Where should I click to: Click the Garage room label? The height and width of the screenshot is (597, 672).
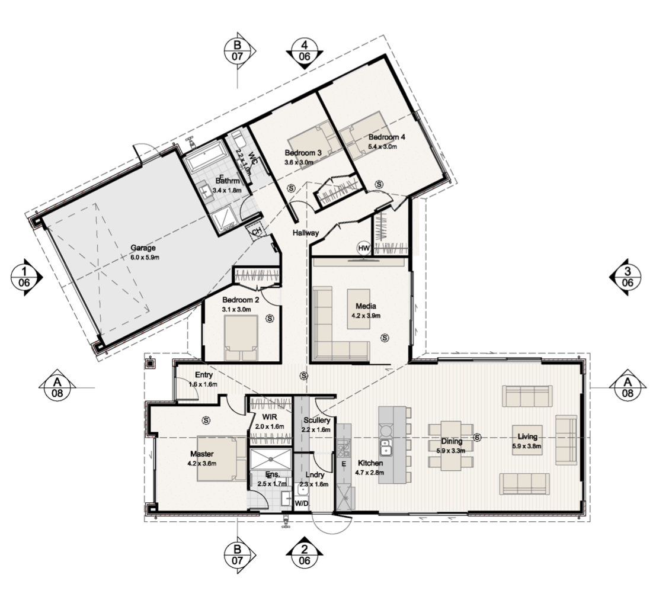tap(143, 248)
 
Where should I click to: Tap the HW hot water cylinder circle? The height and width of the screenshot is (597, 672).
tap(364, 248)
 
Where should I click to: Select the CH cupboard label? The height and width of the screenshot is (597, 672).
tap(257, 232)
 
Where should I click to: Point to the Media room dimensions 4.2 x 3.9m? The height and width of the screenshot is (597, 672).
tap(366, 316)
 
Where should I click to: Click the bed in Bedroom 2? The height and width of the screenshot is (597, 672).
tap(241, 338)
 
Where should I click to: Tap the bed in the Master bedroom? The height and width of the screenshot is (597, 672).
tap(217, 458)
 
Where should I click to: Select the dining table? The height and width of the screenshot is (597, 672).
tap(452, 445)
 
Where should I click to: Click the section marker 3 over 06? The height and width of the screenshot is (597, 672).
tap(626, 277)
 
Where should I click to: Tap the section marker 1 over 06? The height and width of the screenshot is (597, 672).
tap(25, 277)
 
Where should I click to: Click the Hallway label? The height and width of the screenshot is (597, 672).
tap(306, 233)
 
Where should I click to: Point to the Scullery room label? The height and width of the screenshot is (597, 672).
tap(316, 421)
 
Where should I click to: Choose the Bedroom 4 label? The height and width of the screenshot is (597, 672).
tap(386, 137)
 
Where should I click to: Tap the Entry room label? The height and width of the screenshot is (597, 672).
tap(204, 375)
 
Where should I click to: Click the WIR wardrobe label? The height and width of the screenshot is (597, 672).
tap(270, 417)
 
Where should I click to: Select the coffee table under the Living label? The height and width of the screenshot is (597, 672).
tap(527, 440)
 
